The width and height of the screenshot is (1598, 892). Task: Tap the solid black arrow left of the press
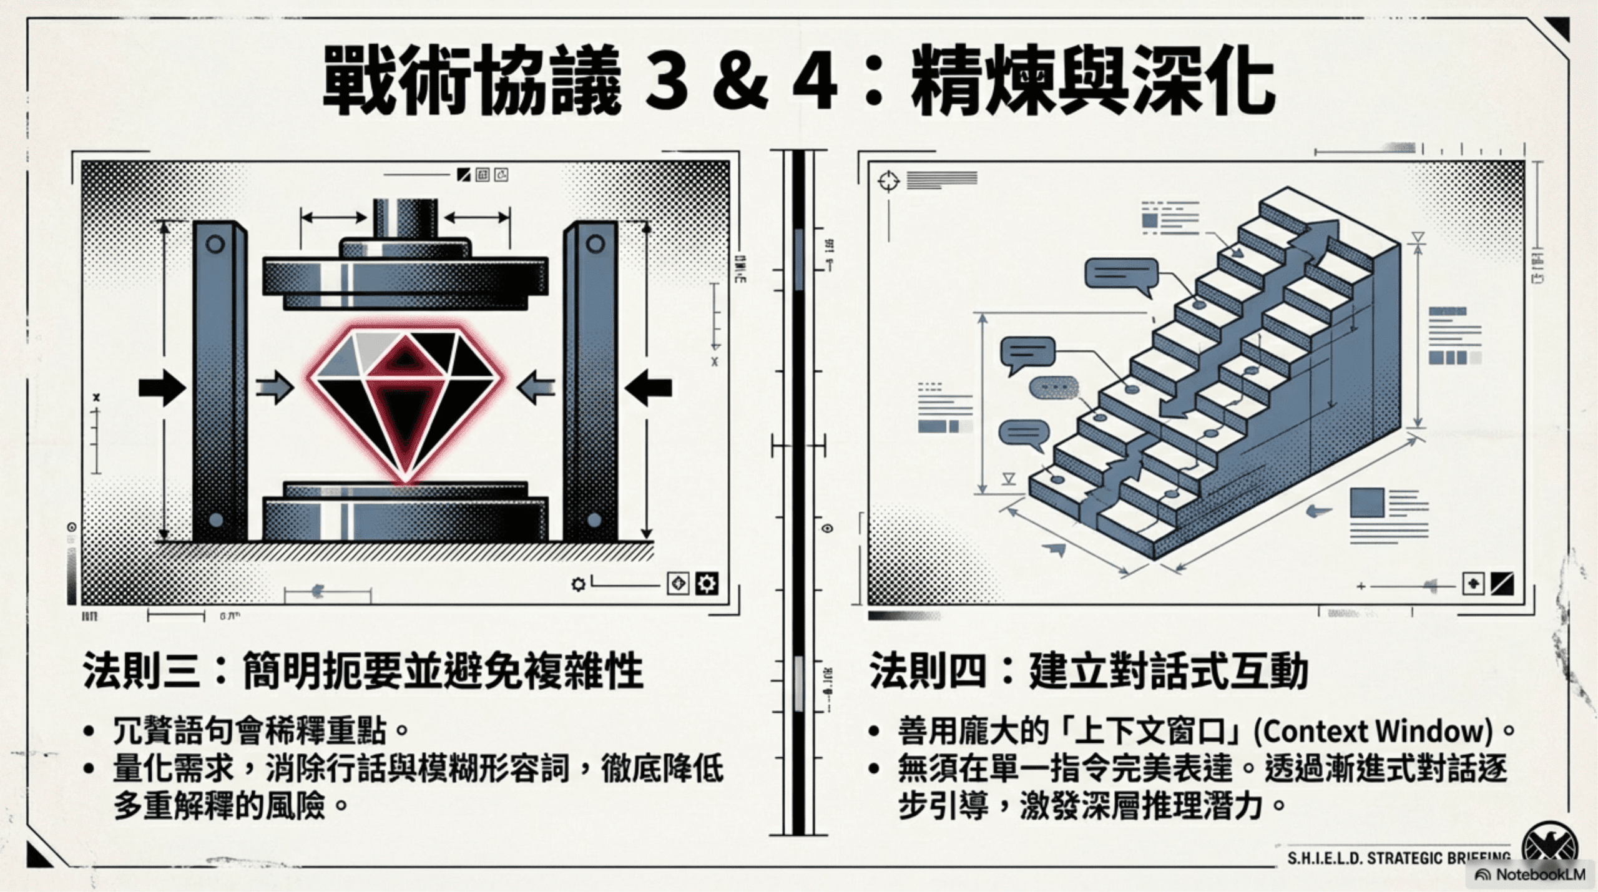[x=162, y=388]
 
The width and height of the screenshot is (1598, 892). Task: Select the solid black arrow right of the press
[x=649, y=388]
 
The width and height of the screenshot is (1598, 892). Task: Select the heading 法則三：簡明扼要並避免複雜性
[x=363, y=671]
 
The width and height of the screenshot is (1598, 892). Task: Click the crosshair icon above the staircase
[x=888, y=182]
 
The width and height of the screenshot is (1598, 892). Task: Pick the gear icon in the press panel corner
[x=707, y=584]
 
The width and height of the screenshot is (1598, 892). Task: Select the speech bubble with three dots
[x=1054, y=388]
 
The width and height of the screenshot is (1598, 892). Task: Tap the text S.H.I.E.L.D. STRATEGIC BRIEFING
[x=1398, y=858]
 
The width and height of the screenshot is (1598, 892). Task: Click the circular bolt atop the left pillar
[x=215, y=243]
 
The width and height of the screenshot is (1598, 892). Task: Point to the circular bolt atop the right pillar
[x=595, y=243]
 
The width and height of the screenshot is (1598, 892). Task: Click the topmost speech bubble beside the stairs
[x=1121, y=275]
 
